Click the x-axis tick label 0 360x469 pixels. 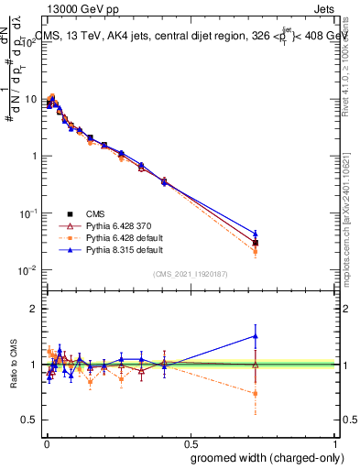pos(45,442)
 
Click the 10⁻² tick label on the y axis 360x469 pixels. pos(27,270)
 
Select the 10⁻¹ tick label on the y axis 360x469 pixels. pos(27,213)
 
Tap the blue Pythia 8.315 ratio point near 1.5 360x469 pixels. pos(256,335)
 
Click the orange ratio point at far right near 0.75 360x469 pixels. pos(256,393)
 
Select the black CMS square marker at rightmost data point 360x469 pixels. pos(256,243)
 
